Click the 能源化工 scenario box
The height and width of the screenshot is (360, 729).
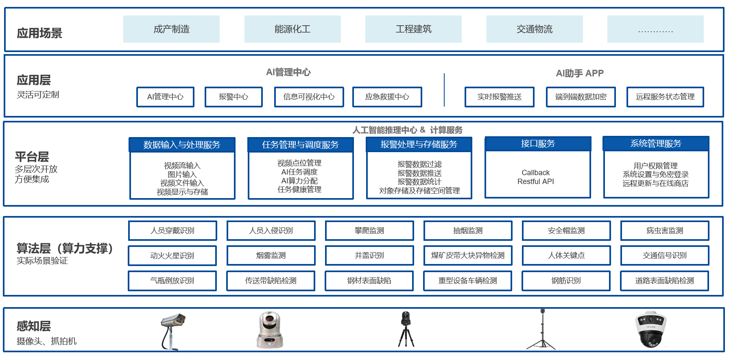pos(292,29)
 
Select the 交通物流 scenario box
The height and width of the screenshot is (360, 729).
pos(535,29)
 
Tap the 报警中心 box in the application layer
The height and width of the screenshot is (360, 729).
pos(234,97)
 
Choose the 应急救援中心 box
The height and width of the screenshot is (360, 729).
pos(387,97)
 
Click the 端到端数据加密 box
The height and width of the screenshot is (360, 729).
pos(581,97)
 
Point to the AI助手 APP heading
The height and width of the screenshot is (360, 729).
pos(580,73)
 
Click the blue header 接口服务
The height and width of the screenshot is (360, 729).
pos(538,144)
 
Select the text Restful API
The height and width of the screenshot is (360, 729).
pos(535,181)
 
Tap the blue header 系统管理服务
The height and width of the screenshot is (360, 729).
pos(656,144)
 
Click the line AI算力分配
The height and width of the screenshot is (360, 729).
pos(299,181)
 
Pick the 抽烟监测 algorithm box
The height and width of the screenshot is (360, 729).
pos(468,231)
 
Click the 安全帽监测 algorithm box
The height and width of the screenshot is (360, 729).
pos(566,231)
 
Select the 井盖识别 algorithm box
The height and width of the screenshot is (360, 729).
pos(369,255)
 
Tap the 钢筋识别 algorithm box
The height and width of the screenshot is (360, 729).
pos(566,281)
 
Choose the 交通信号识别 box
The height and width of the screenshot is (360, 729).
pos(665,255)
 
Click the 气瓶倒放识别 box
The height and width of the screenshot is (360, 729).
pos(172,281)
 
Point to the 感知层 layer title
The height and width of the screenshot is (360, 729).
pos(34,326)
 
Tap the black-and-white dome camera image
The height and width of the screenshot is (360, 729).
pos(650,329)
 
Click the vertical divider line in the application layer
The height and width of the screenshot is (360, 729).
pos(444,90)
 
